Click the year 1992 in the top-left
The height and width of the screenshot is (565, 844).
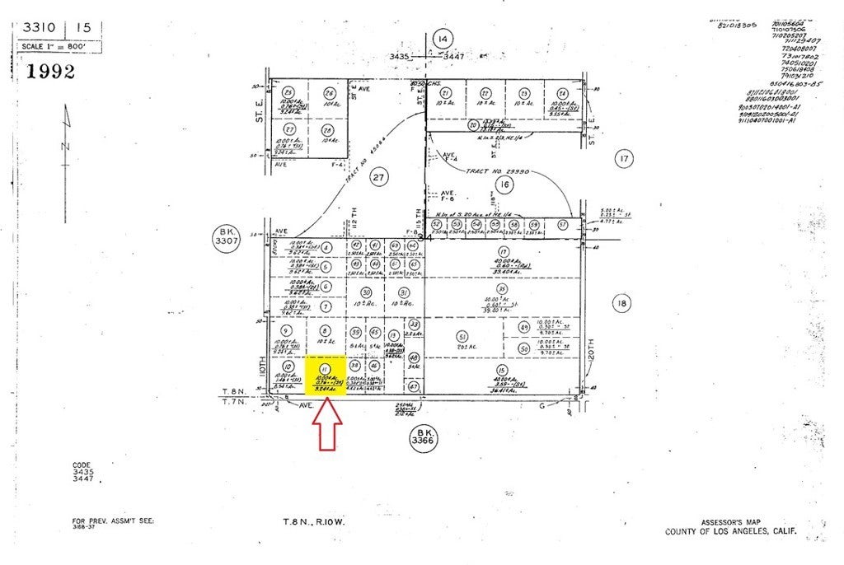[x=51, y=71]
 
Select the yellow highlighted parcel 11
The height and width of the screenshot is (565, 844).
[x=325, y=376]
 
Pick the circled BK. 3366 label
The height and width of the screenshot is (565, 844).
[x=425, y=436]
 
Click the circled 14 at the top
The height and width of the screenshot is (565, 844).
[x=443, y=39]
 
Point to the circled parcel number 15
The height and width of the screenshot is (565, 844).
[x=502, y=370]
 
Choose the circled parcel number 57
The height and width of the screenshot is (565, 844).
[x=563, y=225]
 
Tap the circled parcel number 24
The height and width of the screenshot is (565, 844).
[x=562, y=93]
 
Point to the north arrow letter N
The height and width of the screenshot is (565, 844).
[x=63, y=146]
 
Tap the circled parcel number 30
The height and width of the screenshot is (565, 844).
[x=367, y=292]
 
